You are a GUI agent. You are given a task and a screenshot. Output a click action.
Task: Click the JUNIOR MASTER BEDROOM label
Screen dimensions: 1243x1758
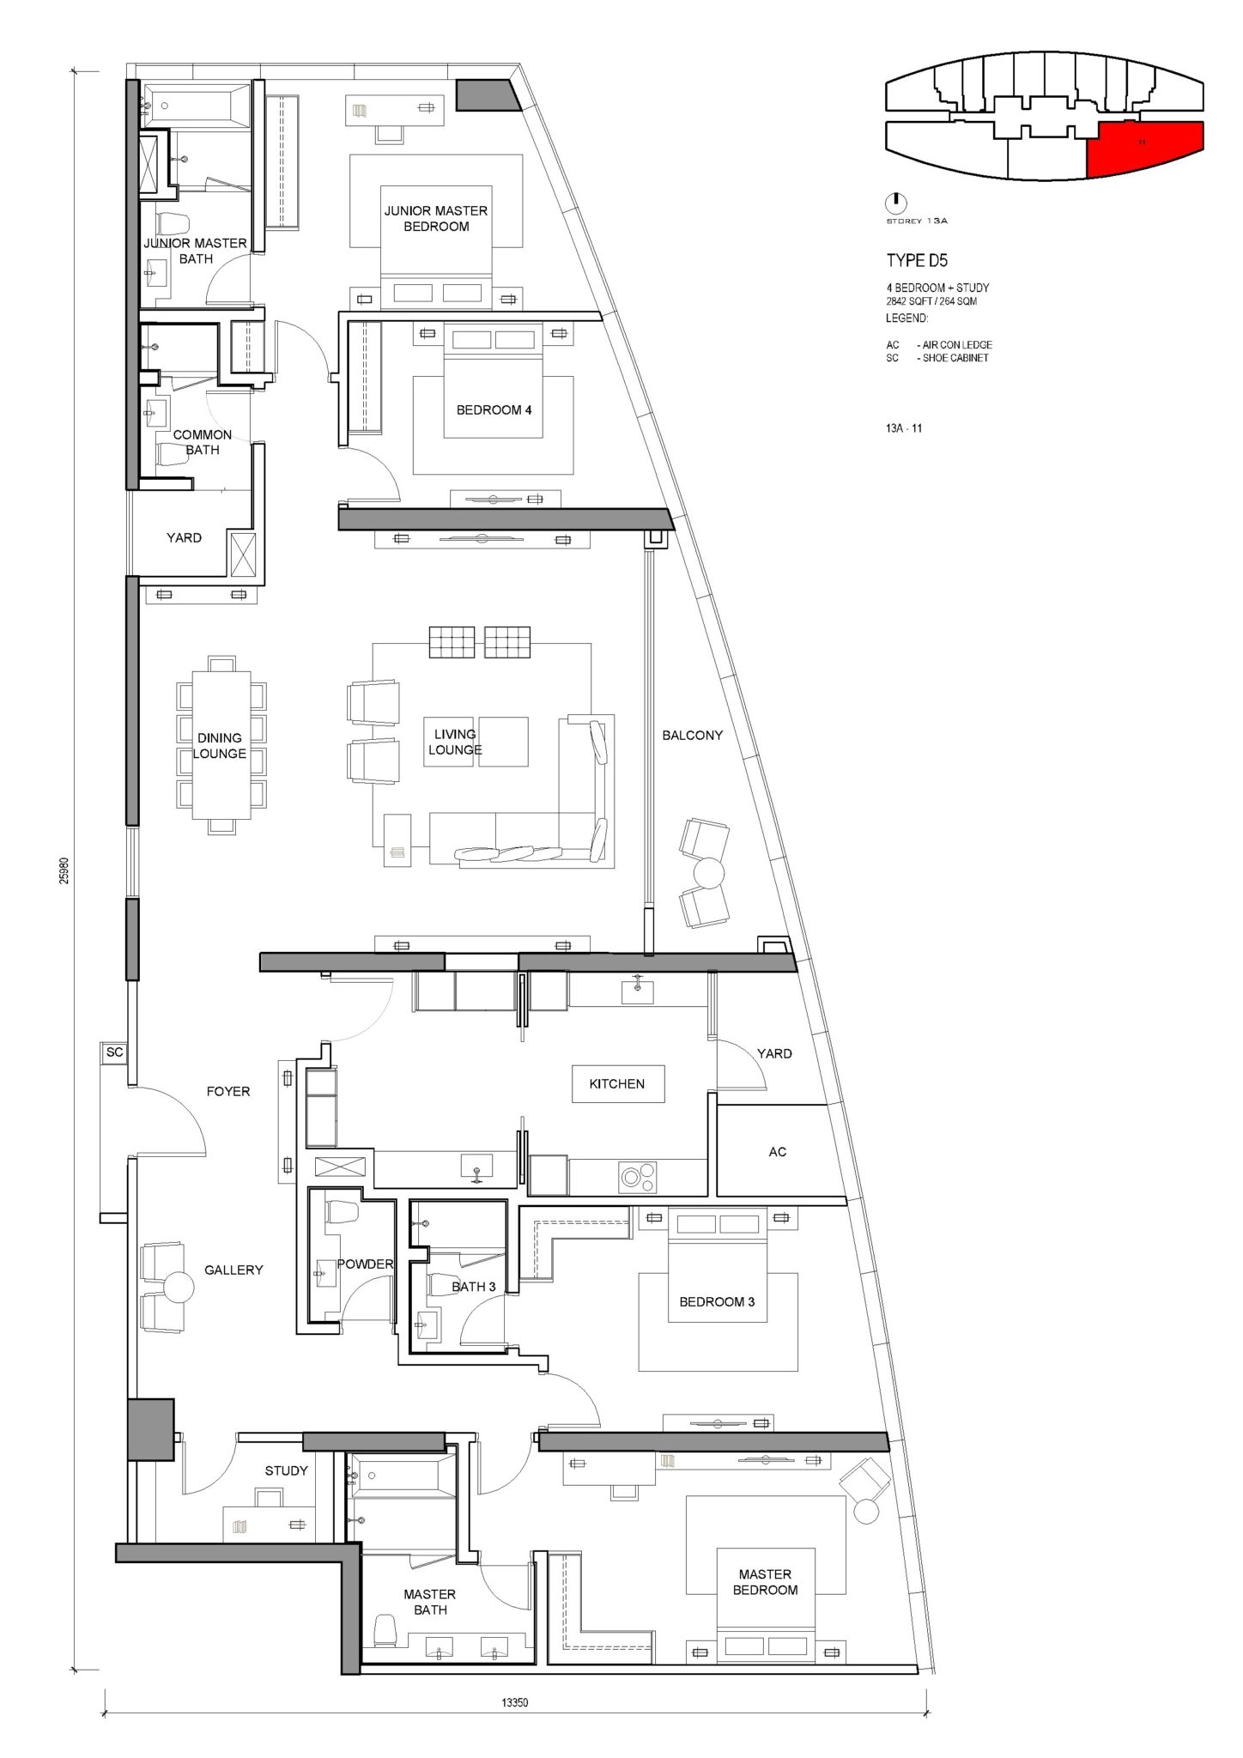436,218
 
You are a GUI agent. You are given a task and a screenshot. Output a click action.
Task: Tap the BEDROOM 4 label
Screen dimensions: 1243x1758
494,410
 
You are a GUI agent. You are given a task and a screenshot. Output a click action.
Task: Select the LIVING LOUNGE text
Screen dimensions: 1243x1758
455,742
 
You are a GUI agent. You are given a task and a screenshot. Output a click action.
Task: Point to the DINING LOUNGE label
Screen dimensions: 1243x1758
220,746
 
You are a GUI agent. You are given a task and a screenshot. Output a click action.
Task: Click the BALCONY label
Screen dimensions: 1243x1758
692,736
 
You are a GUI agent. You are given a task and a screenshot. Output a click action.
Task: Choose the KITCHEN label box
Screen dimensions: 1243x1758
617,1084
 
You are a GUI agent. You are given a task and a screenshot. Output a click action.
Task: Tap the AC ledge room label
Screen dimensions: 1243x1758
778,1152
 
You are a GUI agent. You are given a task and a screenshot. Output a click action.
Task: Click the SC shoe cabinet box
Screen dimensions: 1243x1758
114,1052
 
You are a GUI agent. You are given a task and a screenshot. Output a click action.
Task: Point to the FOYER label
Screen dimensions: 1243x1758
228,1092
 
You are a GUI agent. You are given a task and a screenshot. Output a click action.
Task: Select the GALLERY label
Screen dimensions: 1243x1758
233,1270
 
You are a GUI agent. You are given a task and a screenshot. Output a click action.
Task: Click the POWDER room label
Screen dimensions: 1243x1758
365,1264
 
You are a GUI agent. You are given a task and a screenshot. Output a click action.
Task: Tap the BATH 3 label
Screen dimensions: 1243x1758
474,1287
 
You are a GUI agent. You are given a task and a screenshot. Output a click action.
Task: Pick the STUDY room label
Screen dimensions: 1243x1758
286,1470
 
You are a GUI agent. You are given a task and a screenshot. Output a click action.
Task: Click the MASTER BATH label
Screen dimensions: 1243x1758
430,1602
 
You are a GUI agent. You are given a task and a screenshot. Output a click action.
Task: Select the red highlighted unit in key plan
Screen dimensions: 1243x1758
1145,149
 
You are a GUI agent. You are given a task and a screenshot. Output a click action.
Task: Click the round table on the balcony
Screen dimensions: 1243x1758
709,874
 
